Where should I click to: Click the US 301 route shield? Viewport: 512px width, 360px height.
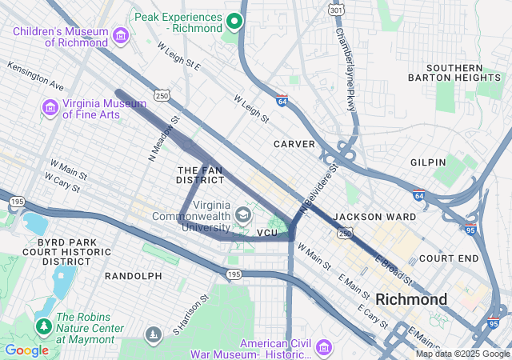click(335, 10)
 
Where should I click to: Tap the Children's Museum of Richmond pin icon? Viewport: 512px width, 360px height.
click(121, 35)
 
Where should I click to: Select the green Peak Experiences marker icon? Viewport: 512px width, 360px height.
click(234, 21)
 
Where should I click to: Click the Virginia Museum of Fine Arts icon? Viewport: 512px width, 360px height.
click(50, 106)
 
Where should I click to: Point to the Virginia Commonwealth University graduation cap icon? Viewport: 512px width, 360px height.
click(242, 214)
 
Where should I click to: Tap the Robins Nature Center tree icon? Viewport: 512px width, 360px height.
click(43, 326)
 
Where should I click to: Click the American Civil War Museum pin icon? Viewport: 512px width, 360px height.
click(323, 347)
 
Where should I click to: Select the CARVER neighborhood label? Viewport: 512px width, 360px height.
click(294, 144)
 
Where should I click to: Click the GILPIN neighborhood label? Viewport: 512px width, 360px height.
click(428, 162)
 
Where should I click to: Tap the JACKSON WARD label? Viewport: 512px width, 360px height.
click(374, 217)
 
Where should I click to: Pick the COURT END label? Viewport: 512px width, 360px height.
click(448, 258)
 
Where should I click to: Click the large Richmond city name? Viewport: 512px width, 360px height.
click(411, 299)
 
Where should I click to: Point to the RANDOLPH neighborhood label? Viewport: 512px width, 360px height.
click(133, 276)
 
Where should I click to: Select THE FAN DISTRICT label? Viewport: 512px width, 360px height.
click(201, 175)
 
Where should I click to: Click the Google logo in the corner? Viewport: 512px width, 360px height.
click(26, 350)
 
